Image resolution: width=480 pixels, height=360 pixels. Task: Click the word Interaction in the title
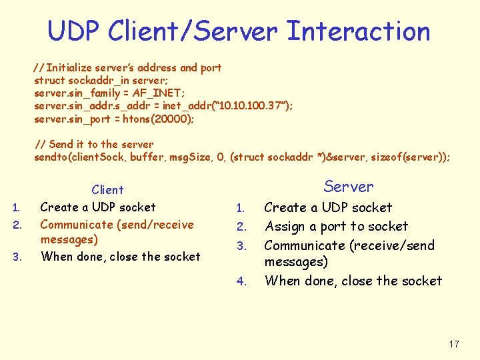click(x=358, y=31)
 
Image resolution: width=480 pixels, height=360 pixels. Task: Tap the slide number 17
click(x=454, y=344)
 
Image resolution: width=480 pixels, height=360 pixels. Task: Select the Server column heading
click(x=348, y=187)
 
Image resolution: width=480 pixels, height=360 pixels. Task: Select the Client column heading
click(x=107, y=190)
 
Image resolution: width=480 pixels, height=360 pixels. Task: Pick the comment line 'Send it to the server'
click(x=93, y=144)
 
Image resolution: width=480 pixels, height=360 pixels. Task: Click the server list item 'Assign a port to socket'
click(x=336, y=227)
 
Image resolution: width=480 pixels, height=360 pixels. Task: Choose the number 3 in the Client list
click(x=17, y=257)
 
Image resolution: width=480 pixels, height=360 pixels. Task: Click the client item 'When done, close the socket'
click(x=120, y=257)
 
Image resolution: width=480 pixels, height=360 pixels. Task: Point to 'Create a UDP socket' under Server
click(x=328, y=208)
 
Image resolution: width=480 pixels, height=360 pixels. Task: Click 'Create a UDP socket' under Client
click(x=98, y=207)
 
